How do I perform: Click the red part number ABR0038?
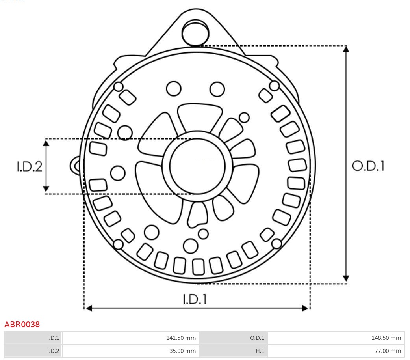pos(22,325)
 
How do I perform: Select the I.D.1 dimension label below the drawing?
pos(195,299)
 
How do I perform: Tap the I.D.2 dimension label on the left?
pos(30,166)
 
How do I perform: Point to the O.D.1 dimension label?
pos(368,166)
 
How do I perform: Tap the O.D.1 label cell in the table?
pos(257,338)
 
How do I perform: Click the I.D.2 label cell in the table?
pos(53,351)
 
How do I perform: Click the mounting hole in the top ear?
pos(195,33)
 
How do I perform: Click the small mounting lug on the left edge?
pos(75,166)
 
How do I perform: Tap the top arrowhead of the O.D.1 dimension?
pos(346,49)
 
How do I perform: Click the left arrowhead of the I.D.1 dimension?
pos(89,308)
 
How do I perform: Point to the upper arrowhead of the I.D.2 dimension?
pos(46,143)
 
